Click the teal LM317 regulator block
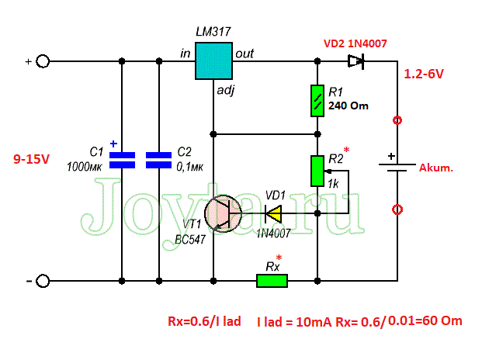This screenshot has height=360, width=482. coord(213,61)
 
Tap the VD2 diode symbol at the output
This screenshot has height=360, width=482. coord(356,61)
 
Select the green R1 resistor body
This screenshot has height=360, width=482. coord(317,101)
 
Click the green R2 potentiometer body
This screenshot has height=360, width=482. coord(317,171)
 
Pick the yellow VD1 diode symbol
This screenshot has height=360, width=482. coord(273,213)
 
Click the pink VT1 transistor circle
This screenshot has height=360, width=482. coord(224,213)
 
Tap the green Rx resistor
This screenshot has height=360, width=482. coord(272,281)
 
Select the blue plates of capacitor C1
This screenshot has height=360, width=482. coord(122,160)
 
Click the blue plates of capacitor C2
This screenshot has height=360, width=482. coord(158,160)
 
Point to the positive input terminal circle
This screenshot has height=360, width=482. coord(43,61)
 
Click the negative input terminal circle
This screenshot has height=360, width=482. coord(43,281)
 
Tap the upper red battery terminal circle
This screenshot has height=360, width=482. coord(397,120)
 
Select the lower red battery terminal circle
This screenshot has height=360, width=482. coord(397,209)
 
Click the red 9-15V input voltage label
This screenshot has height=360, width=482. coord(31,159)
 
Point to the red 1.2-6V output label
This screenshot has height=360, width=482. coord(424,74)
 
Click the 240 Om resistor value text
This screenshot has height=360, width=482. coord(348,106)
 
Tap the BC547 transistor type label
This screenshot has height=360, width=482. coord(190,240)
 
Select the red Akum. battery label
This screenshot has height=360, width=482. coord(436,168)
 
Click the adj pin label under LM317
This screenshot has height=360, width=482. coord(226,90)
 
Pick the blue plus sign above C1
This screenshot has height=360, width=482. coord(114,144)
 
